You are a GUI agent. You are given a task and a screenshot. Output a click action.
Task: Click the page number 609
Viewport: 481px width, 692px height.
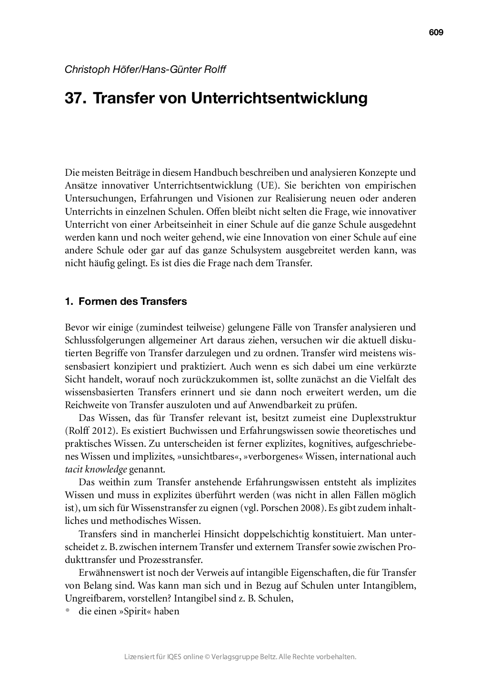(436, 32)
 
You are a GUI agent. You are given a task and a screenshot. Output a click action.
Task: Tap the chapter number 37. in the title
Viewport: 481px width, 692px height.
(76, 98)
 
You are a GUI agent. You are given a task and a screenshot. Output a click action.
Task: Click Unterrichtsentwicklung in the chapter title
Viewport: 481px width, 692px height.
(280, 98)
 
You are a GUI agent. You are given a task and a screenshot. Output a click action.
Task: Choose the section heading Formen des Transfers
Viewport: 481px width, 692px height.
(132, 301)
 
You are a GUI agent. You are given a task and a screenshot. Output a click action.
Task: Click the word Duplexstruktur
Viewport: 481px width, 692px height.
(383, 418)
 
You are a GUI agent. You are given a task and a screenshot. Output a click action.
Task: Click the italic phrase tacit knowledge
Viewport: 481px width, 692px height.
(96, 470)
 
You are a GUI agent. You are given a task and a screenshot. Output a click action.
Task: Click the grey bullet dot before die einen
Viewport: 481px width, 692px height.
(68, 610)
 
